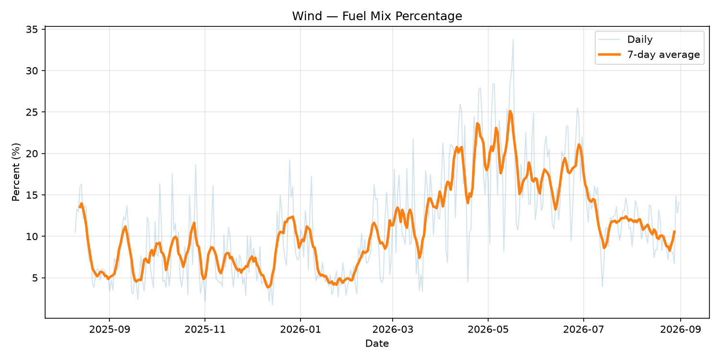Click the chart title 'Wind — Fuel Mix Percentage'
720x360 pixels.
(377, 16)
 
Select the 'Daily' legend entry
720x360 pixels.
(640, 39)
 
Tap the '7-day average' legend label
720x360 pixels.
(663, 55)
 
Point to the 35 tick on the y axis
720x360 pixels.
(32, 30)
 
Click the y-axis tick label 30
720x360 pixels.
(32, 71)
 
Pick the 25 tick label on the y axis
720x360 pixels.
(32, 112)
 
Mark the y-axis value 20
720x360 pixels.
(32, 154)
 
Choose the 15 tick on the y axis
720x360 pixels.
(32, 195)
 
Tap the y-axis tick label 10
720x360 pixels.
(32, 237)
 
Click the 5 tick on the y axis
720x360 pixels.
(35, 278)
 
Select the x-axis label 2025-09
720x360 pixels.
(109, 330)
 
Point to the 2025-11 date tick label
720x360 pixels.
(205, 330)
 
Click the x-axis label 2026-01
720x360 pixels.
(300, 330)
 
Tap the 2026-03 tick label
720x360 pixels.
(393, 330)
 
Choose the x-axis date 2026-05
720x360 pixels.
(488, 330)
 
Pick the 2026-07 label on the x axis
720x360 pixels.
(584, 330)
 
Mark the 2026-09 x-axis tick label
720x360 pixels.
(681, 330)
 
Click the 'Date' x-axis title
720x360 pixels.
(377, 344)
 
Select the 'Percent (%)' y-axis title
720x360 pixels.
(16, 172)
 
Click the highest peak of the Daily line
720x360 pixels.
(513, 39)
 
